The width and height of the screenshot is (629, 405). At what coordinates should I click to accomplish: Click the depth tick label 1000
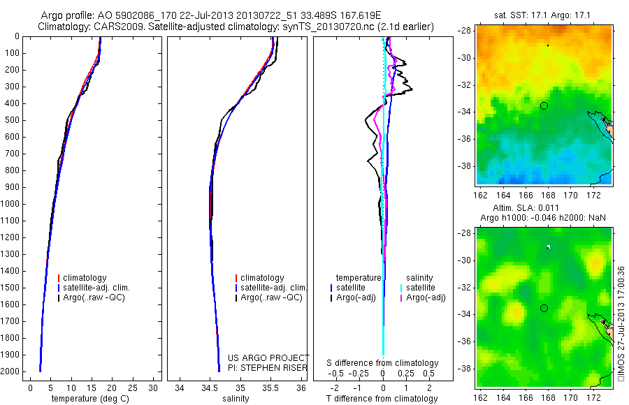(11, 204)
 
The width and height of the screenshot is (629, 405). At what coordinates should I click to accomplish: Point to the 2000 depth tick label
(11, 371)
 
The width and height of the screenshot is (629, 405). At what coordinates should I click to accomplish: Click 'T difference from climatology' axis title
(383, 399)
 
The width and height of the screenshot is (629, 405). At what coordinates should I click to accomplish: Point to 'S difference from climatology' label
(383, 363)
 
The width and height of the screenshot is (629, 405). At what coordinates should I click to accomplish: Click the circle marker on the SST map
(544, 105)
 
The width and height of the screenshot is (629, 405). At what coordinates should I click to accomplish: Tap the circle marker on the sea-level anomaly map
(544, 308)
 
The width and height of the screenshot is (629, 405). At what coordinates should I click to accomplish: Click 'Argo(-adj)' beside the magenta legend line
(426, 297)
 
